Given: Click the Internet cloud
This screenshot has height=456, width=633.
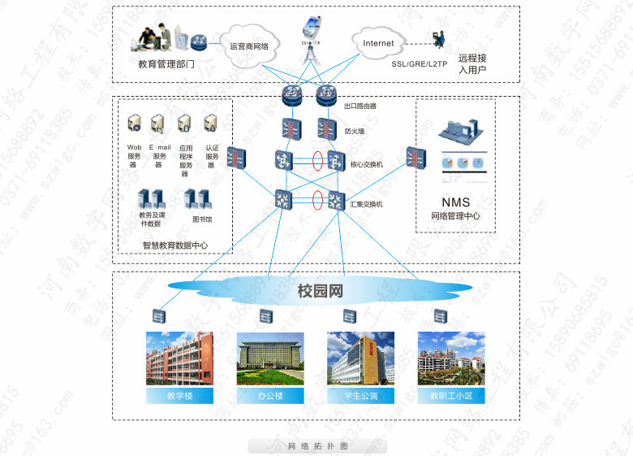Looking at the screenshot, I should tap(378, 43).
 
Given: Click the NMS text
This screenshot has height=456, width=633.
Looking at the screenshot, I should tap(455, 202).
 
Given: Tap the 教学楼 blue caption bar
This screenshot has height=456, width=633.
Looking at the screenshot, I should tap(179, 396).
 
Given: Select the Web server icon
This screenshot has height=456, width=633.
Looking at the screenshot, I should tap(135, 124).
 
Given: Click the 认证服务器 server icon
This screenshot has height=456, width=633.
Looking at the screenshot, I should tap(210, 124).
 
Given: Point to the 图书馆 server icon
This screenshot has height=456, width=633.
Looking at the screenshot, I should tap(196, 198).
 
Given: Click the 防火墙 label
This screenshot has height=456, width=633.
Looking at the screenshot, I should tap(355, 130).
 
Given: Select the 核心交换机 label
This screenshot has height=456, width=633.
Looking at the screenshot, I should tap(366, 164).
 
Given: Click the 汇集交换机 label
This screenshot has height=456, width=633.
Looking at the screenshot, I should tap(366, 204).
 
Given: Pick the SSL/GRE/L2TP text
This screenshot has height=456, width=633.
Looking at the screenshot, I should tap(419, 63).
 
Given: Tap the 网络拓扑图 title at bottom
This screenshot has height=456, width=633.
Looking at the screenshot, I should tap(318, 446).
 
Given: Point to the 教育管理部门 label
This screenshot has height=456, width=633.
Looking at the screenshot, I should tap(166, 63).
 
